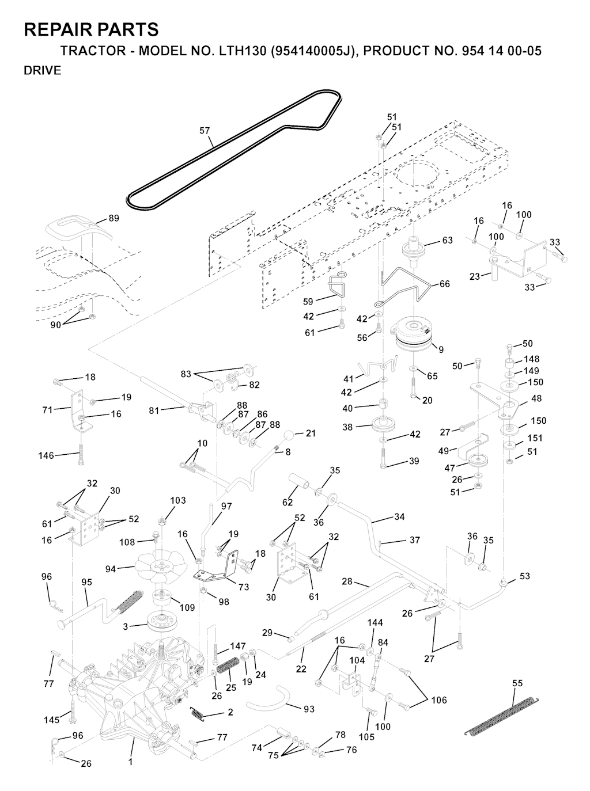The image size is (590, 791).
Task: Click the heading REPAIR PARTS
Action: [x=91, y=29]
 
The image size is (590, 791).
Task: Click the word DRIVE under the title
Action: [x=42, y=71]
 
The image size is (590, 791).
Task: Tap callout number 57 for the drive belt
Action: [x=205, y=131]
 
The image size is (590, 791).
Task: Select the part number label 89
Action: [x=114, y=218]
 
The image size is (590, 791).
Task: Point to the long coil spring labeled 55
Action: [x=501, y=714]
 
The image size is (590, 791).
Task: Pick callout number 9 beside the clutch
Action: [x=441, y=349]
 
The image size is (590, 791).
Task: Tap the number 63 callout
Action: [x=447, y=241]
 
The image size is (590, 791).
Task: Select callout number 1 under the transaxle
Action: [x=130, y=762]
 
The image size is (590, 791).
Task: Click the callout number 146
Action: [x=46, y=455]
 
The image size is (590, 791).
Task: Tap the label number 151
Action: [x=535, y=438]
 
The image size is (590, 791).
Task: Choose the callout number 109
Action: [x=187, y=607]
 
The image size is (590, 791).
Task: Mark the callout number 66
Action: [x=444, y=284]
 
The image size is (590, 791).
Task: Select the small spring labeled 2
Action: [x=198, y=714]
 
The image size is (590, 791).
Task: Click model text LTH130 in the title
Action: [x=241, y=51]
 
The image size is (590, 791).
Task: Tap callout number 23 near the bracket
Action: [x=475, y=276]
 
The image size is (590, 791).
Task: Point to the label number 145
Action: [x=51, y=720]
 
